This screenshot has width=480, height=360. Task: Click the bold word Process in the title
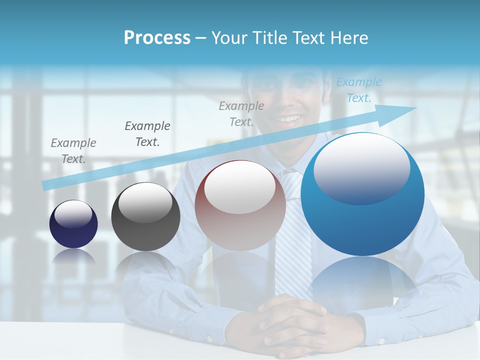tap(157, 38)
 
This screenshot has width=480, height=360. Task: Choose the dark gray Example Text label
tap(147, 133)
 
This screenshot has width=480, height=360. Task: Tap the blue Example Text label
tap(358, 90)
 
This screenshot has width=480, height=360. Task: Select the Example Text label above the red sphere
tap(241, 113)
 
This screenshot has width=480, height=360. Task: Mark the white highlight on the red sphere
tap(240, 186)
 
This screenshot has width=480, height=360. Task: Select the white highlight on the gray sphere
tap(145, 202)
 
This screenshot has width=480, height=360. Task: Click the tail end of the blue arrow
tap(45, 186)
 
